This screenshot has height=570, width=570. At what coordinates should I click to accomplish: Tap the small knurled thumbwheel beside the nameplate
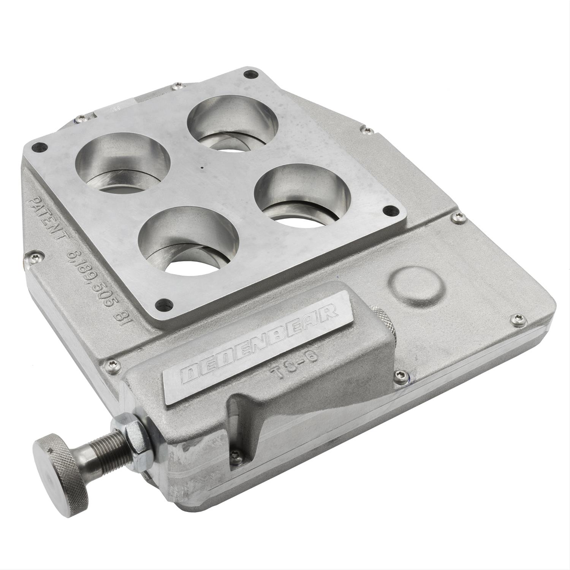click(x=382, y=319)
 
